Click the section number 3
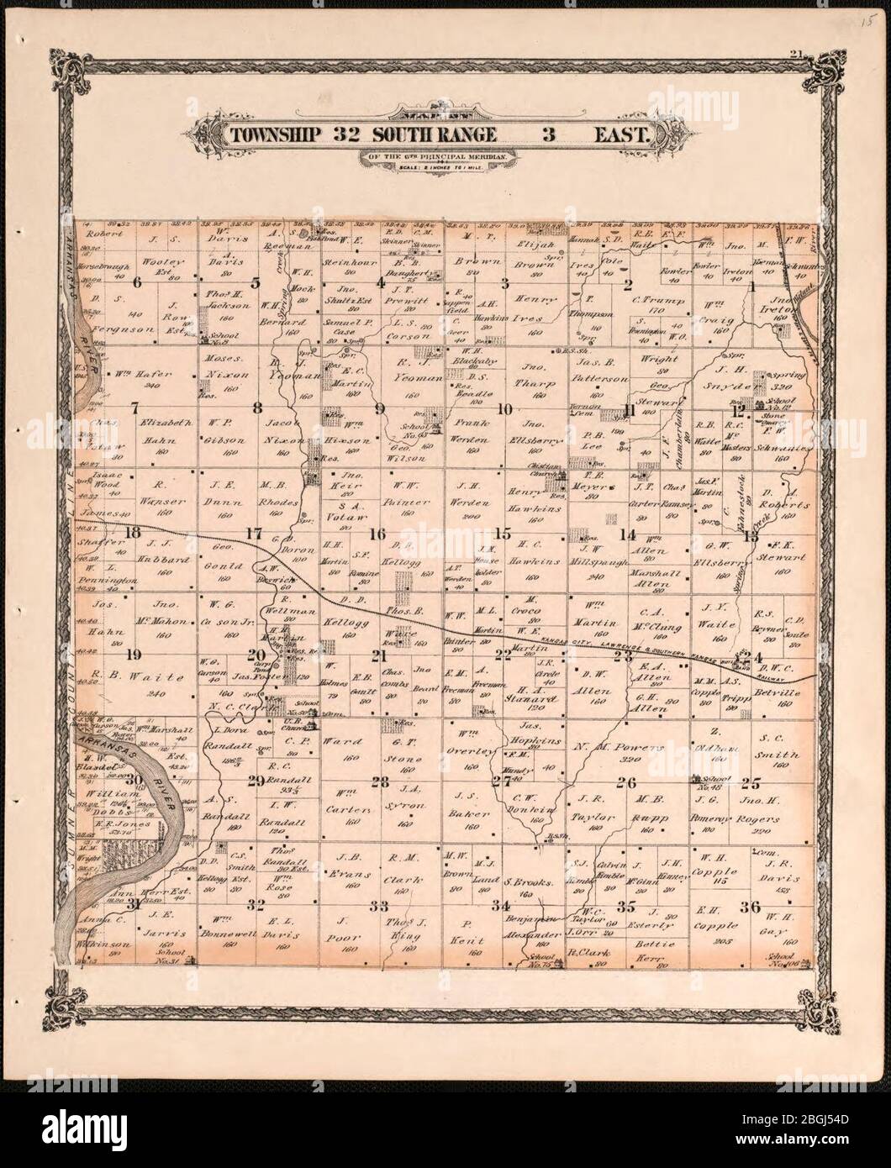point(505,283)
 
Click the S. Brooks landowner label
point(526,883)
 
